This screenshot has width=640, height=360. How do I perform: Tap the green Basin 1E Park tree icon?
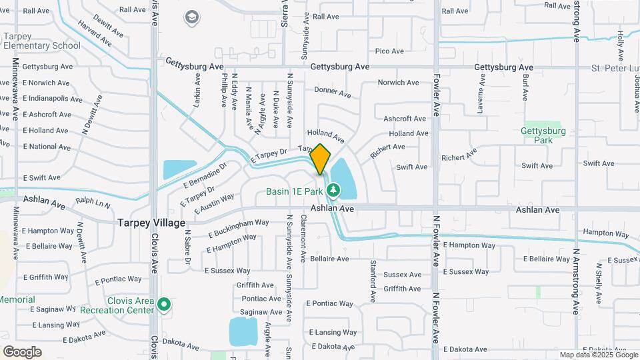coord(333,191)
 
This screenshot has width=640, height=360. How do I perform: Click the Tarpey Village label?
coord(151,223)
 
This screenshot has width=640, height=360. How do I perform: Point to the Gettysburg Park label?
coord(543,135)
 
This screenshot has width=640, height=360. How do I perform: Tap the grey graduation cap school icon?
coord(192,17)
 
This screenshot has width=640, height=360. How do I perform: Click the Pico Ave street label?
coord(389,51)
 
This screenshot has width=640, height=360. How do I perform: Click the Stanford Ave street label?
coord(373,279)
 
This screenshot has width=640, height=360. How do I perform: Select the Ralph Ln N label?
coord(93,201)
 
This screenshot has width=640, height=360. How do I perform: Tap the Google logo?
coord(22,352)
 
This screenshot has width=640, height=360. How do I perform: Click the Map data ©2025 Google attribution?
coord(598,355)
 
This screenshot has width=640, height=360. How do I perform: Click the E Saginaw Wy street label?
coord(53,309)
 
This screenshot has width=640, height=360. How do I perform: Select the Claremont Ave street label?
coord(303,237)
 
